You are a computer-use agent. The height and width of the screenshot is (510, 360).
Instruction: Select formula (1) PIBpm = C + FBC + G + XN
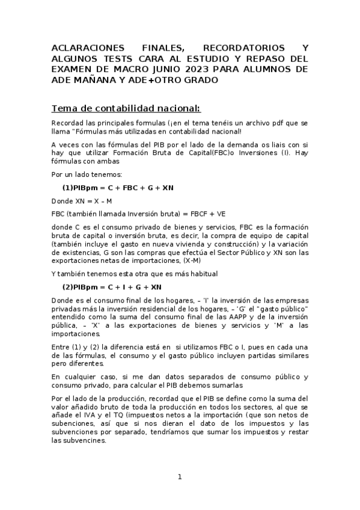pos(118,188)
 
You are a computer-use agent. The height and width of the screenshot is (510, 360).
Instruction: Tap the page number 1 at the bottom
pos(179,477)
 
